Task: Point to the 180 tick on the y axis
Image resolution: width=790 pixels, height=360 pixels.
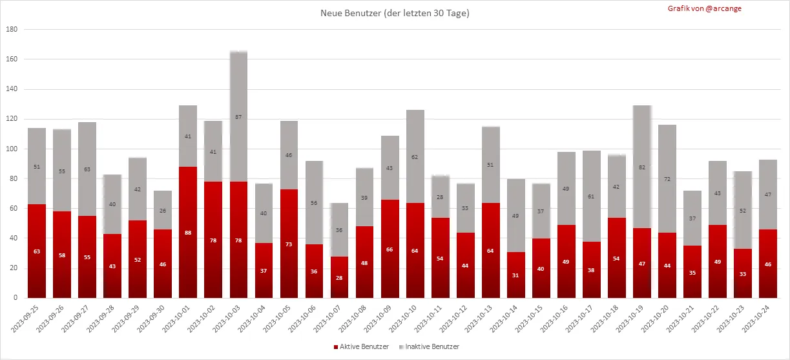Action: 11,29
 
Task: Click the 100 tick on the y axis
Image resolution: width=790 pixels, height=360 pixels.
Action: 11,149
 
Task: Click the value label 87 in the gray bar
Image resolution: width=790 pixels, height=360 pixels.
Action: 239,117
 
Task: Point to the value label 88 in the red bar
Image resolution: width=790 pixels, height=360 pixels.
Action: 188,233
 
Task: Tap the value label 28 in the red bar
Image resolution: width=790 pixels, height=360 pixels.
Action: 340,277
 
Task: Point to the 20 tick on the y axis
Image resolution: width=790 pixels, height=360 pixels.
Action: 13,268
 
